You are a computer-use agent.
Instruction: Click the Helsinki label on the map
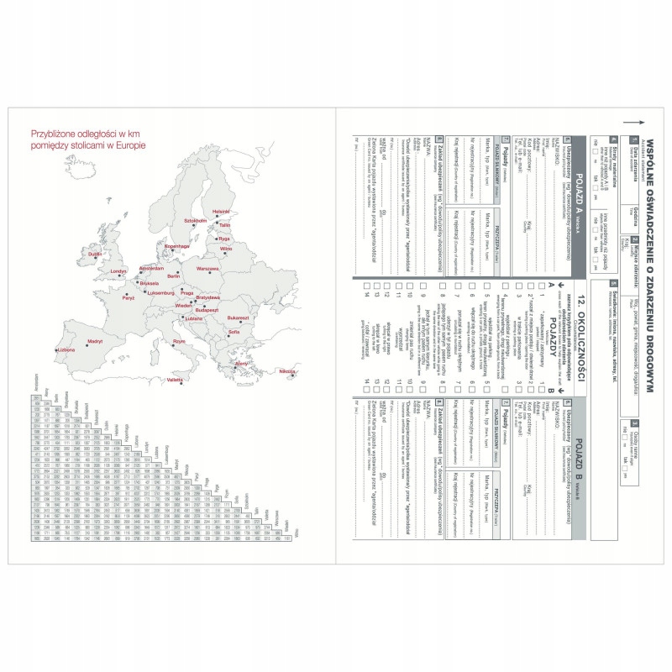(x=221, y=211)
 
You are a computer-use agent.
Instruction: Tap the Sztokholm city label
(x=195, y=220)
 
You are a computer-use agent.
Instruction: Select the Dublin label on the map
(x=95, y=254)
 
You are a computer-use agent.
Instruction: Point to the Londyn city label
(x=118, y=271)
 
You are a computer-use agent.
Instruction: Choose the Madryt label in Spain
(x=95, y=341)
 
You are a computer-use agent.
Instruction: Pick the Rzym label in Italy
(x=179, y=342)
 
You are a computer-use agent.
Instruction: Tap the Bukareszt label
(x=238, y=318)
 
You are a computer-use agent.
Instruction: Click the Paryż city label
(x=128, y=298)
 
